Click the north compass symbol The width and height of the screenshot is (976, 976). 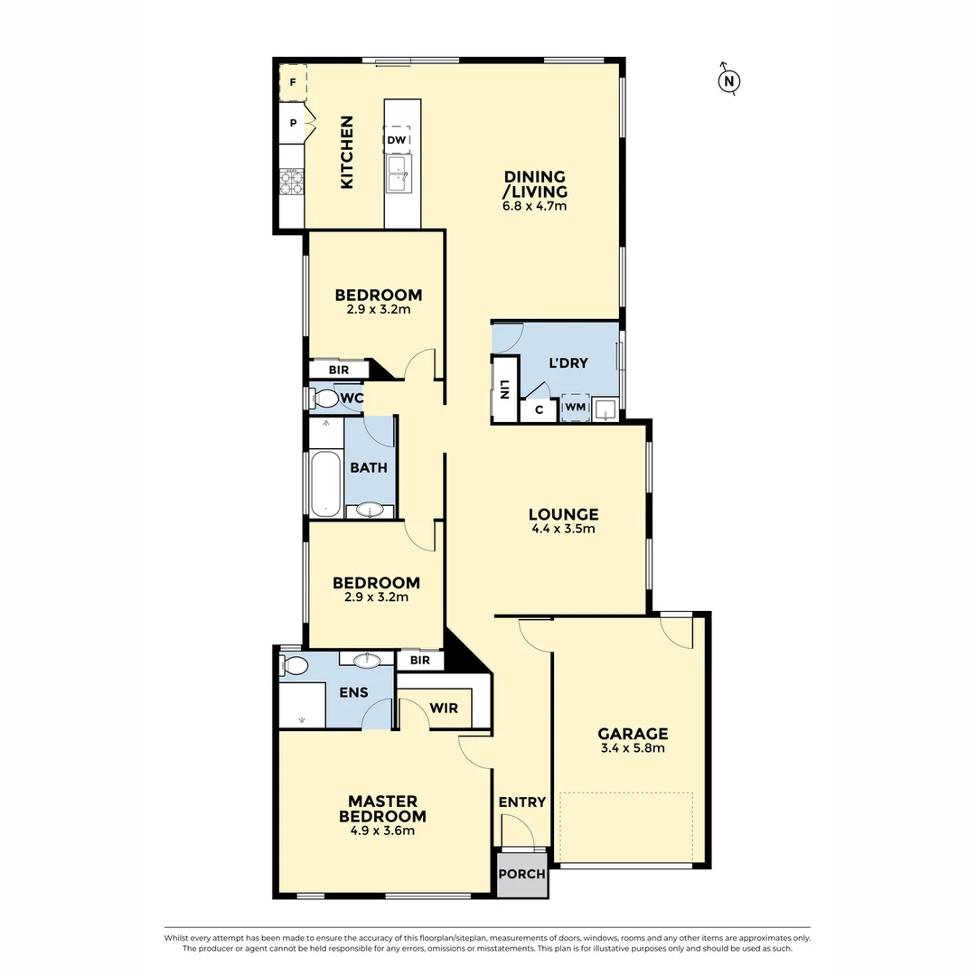pyautogui.click(x=728, y=80)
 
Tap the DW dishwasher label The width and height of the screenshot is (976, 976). pyautogui.click(x=396, y=140)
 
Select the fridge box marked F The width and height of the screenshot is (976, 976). pyautogui.click(x=293, y=82)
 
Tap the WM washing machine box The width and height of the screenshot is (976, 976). pyautogui.click(x=575, y=408)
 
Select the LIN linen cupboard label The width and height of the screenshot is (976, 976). pyautogui.click(x=503, y=389)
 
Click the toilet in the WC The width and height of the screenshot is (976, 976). pyautogui.click(x=324, y=398)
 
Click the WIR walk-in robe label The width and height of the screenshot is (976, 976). pyautogui.click(x=444, y=709)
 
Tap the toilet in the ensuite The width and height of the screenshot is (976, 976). pyautogui.click(x=294, y=666)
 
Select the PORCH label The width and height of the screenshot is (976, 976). pyautogui.click(x=522, y=874)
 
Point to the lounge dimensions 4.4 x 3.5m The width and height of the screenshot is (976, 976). pyautogui.click(x=563, y=530)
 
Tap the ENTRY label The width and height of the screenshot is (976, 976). pyautogui.click(x=522, y=802)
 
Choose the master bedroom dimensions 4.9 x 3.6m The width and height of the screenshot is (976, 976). pyautogui.click(x=382, y=831)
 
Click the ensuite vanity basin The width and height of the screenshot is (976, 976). pyautogui.click(x=367, y=661)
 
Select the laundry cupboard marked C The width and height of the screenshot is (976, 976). pyautogui.click(x=540, y=409)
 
